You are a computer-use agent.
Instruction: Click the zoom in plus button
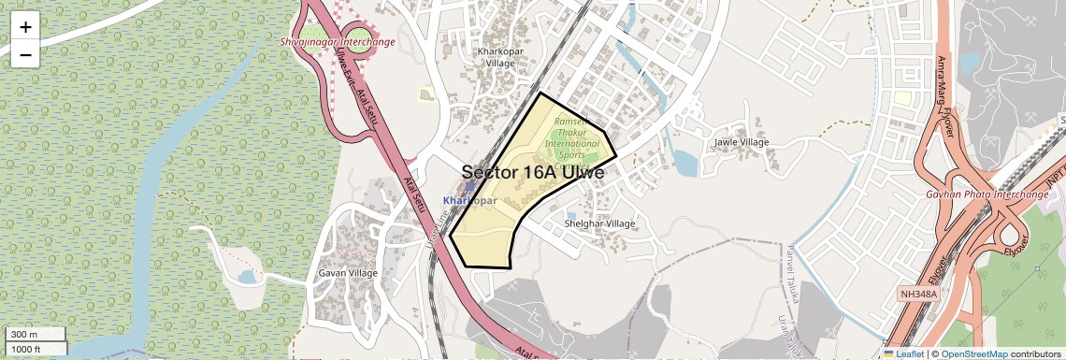point(25,26)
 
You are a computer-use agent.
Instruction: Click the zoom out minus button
point(25,54)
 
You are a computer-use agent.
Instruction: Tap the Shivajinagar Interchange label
point(337,42)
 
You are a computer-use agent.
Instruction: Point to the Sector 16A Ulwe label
point(533,173)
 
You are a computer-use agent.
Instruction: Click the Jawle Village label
point(741,142)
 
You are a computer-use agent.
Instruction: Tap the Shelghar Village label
point(599,223)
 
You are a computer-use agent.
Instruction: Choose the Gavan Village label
point(348,273)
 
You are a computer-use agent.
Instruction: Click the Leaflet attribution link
point(903,353)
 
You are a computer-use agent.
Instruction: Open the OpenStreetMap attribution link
point(973,353)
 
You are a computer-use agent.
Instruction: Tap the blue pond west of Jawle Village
point(685,163)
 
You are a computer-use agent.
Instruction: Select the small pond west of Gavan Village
point(246,277)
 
